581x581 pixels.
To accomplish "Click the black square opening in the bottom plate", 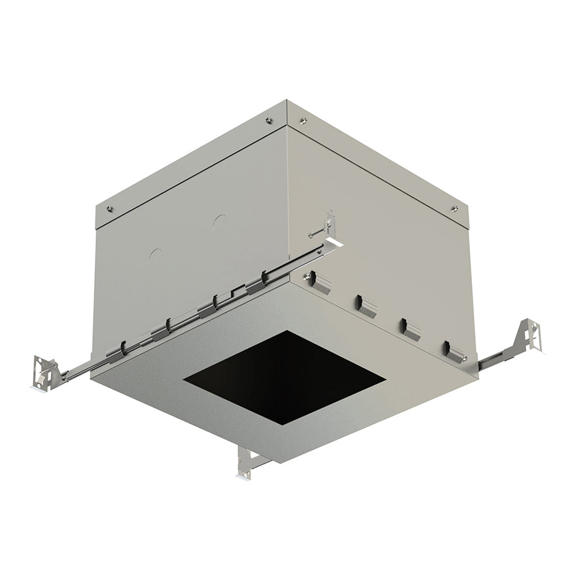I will click(284, 378).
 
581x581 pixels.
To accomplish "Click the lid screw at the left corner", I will click(109, 209).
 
